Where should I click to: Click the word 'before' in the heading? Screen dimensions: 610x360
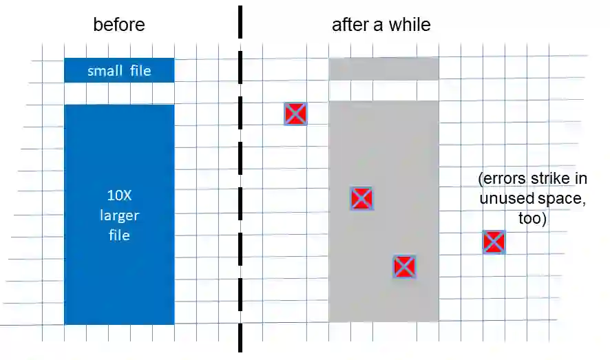pos(119,25)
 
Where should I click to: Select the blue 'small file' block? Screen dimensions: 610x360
pos(119,70)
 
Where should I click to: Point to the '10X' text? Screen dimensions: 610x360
pos(119,195)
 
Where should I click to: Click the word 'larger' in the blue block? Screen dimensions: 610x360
pos(119,215)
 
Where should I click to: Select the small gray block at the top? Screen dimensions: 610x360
pos(383,69)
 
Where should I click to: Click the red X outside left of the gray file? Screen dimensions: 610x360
pos(295,114)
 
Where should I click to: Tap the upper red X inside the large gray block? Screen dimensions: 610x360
pos(361,198)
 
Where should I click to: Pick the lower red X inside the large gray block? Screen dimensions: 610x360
pos(404,266)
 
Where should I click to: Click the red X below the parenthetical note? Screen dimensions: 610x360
pos(494,242)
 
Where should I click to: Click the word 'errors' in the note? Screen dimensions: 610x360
pos(501,179)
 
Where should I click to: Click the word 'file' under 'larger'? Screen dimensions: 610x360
pos(119,235)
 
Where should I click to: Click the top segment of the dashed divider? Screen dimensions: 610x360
pos(240,21)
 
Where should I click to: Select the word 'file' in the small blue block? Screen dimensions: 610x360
pos(140,70)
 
